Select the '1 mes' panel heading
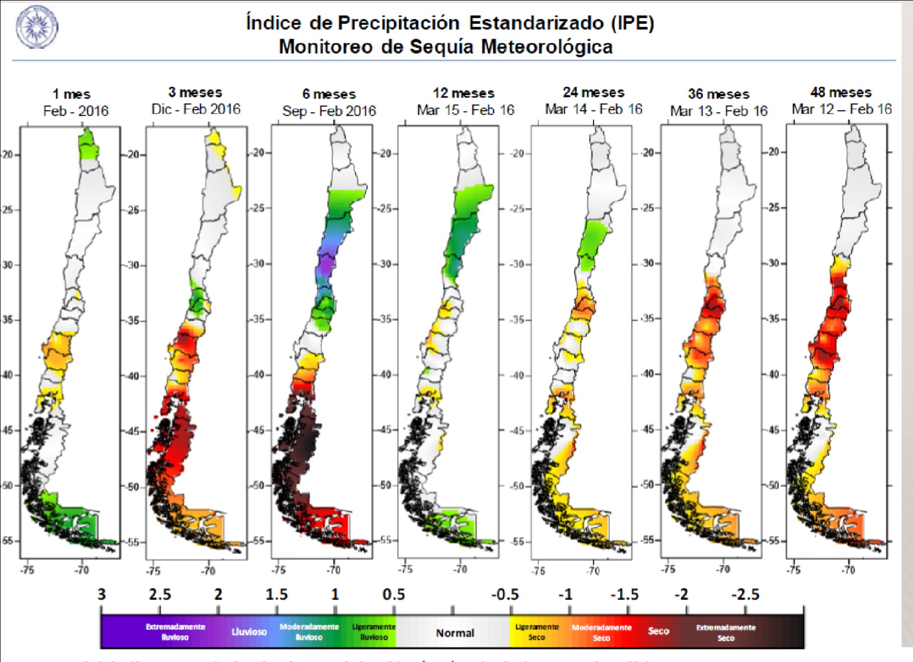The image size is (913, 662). coord(71,94)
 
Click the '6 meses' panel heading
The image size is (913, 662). coord(329,94)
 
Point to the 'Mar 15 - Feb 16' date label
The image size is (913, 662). coord(465,110)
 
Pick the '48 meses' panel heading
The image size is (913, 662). coord(841,93)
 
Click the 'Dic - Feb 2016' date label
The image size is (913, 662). coord(196,109)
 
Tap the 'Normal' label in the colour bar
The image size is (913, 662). coord(454,633)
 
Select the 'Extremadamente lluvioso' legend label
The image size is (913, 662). coord(175,632)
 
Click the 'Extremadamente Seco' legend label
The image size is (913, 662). coord(726,632)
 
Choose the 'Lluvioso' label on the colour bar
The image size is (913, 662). coord(249,632)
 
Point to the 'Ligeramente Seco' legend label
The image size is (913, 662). coord(537,632)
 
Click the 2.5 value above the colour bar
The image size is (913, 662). coord(160,594)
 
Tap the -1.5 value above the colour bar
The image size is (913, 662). coord(624,594)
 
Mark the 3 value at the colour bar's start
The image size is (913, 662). coord(102,594)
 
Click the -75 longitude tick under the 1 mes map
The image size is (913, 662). coord(27,570)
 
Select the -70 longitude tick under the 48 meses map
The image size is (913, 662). coord(848,570)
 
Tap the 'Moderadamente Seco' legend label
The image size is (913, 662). coord(601,632)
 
